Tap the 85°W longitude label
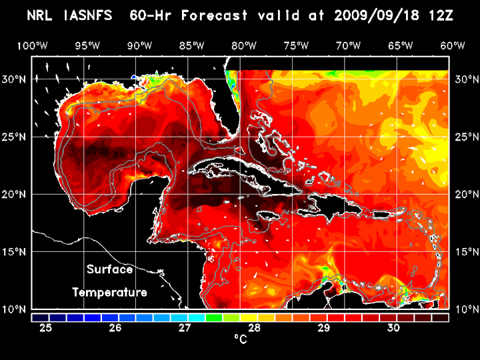pos(191,45)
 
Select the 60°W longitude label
pos(453,45)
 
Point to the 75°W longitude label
pos(296,45)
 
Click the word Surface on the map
pos(109,270)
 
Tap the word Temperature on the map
pos(109,292)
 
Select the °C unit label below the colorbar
pos(240,339)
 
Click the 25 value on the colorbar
pos(46,328)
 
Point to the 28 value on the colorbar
pos(254,328)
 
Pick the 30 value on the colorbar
pos(393,328)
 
